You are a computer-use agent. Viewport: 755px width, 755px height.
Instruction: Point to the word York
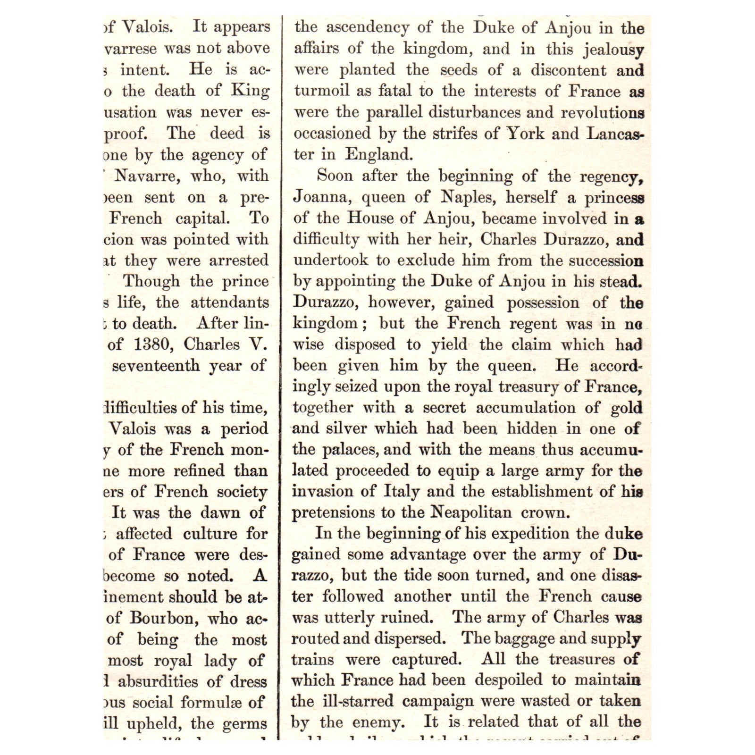click(x=526, y=134)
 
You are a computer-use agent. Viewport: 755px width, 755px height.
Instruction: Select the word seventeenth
click(x=156, y=365)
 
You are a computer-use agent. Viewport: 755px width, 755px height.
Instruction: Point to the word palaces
click(x=350, y=449)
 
